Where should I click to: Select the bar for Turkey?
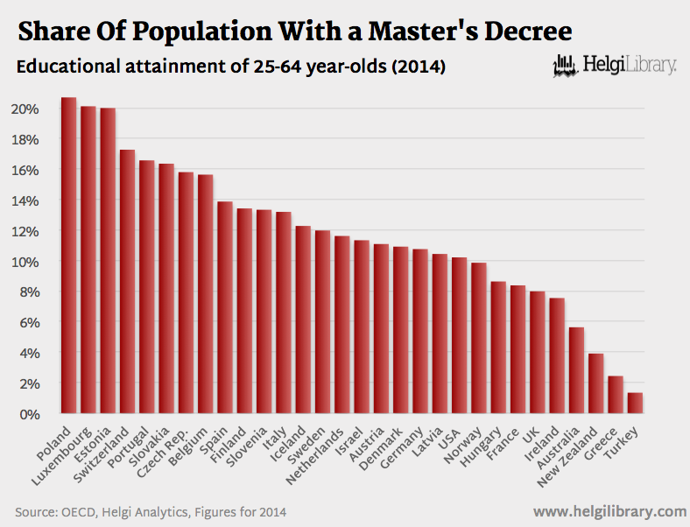pyautogui.click(x=636, y=404)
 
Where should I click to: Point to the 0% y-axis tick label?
pyautogui.click(x=28, y=413)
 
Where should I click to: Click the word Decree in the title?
pyautogui.click(x=525, y=32)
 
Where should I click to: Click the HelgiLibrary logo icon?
pyautogui.click(x=567, y=65)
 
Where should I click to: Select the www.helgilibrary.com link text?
pyautogui.click(x=609, y=510)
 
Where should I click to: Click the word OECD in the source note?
pyautogui.click(x=78, y=511)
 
